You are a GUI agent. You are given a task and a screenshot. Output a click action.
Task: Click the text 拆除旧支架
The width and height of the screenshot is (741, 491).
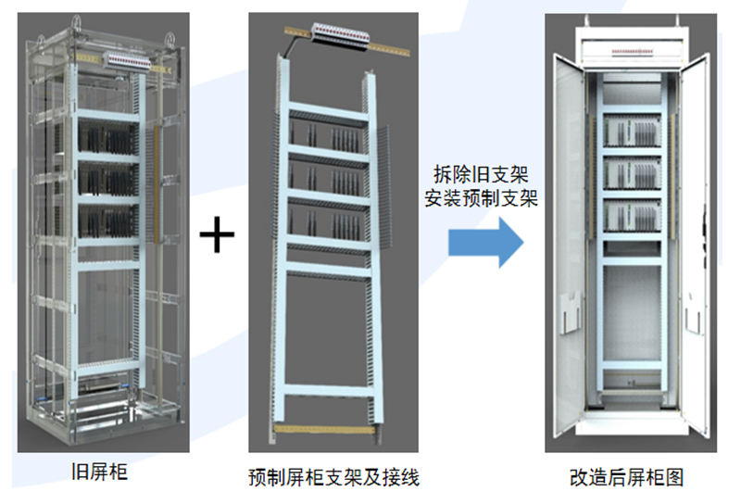click(484, 174)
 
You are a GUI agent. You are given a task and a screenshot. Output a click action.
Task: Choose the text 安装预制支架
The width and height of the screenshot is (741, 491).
click(484, 197)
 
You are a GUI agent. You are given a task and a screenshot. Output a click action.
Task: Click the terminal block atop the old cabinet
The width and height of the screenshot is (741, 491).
click(128, 60)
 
